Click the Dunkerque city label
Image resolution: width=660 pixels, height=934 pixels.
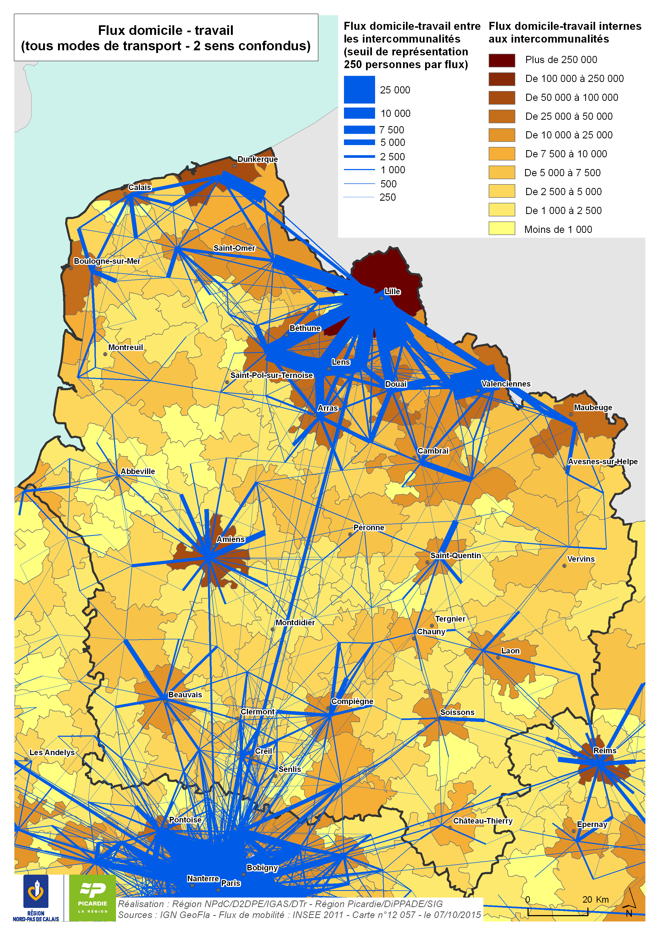click(258, 159)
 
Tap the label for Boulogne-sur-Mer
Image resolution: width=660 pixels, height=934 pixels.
click(107, 261)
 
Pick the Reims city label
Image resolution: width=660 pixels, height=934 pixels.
click(604, 751)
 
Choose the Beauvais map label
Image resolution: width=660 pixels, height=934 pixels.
click(185, 694)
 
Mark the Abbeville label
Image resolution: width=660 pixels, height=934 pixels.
click(138, 471)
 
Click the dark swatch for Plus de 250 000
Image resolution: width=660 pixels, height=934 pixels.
click(501, 60)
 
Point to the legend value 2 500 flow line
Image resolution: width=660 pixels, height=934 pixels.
click(359, 156)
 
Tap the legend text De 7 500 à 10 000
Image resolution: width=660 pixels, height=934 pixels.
click(566, 154)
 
